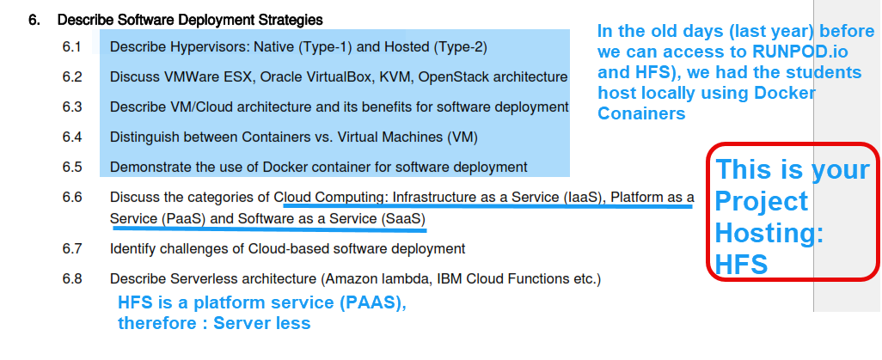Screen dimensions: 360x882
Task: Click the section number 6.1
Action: (x=71, y=46)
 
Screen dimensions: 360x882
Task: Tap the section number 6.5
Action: (x=71, y=167)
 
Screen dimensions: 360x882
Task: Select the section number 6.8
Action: (x=71, y=278)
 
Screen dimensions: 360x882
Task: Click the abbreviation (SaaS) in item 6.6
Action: (x=401, y=218)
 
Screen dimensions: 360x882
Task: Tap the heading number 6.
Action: (x=34, y=18)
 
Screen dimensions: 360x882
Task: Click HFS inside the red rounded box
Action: (x=742, y=264)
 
